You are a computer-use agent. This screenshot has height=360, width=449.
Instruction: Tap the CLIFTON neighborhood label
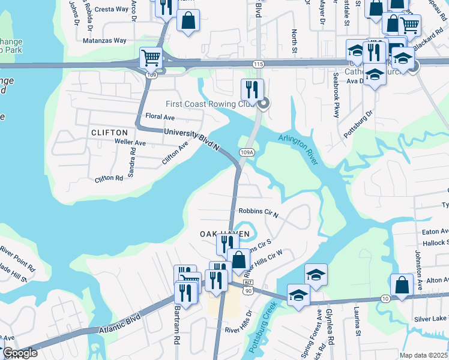[109, 132]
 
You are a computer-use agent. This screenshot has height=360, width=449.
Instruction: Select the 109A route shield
[246, 153]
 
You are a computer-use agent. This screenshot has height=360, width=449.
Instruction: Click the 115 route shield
[259, 64]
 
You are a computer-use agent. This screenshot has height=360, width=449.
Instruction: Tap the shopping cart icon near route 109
[151, 58]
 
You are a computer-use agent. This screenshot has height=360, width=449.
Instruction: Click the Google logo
[20, 353]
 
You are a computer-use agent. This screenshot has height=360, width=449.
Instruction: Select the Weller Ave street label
[130, 143]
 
